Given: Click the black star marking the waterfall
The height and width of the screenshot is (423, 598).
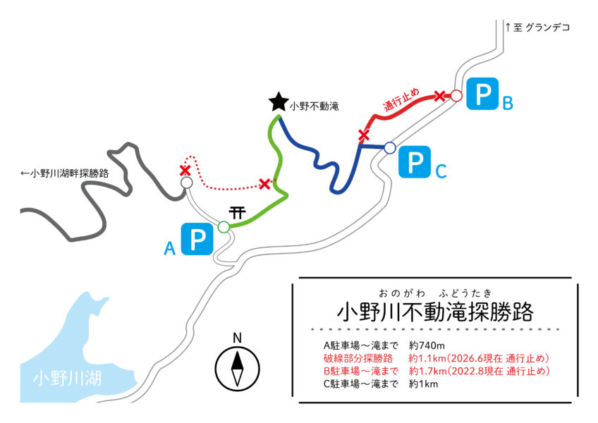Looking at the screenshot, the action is [279, 102].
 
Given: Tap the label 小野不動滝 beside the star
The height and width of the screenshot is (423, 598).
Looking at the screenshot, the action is [315, 106].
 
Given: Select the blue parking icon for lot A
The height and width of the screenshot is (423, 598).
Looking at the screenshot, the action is [197, 239].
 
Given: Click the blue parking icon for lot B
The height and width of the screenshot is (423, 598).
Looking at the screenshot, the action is [483, 94].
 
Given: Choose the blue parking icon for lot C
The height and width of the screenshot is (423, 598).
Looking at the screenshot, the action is [415, 161].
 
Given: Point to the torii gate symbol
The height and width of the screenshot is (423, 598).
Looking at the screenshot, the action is [237, 212].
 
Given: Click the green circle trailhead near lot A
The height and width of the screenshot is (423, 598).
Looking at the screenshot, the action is [224, 227].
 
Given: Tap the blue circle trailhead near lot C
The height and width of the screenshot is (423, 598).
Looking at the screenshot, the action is [389, 147].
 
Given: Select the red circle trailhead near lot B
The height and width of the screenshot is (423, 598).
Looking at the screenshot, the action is [456, 95].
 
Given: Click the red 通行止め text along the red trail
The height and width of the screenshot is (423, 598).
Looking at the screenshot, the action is [401, 99].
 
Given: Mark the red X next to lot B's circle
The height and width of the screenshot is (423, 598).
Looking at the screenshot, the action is [440, 96].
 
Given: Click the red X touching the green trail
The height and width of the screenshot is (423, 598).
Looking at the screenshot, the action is [264, 184].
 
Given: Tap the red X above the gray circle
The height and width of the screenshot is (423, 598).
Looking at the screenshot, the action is [185, 171].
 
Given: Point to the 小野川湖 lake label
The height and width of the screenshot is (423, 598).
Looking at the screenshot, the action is [67, 379].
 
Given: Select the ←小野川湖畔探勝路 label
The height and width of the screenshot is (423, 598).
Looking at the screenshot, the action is [64, 173].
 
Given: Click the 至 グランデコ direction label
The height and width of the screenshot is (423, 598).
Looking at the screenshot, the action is [537, 27].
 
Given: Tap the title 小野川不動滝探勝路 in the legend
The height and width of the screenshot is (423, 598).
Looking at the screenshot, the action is [435, 312].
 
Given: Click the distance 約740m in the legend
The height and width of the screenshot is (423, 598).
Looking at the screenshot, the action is [427, 345].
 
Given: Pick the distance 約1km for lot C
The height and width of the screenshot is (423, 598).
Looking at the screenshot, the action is [423, 384].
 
